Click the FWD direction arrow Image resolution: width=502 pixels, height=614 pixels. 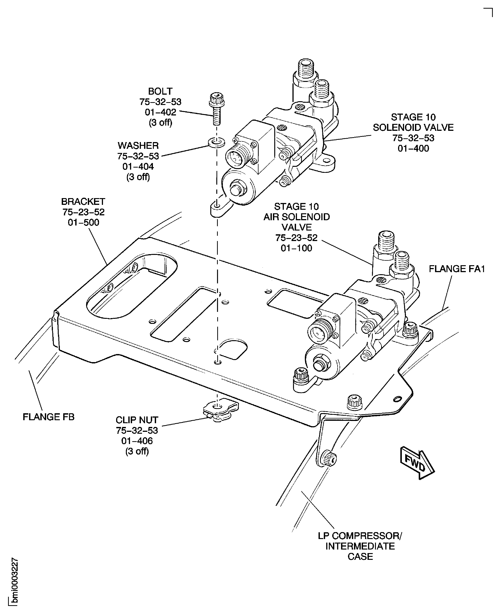pyautogui.click(x=417, y=464)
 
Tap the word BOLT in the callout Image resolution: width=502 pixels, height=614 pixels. pyautogui.click(x=160, y=91)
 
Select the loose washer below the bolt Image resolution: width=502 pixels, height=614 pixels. pyautogui.click(x=216, y=142)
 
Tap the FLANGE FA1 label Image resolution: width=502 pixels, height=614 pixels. pyautogui.click(x=457, y=269)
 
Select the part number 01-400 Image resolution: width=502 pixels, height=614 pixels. pyautogui.click(x=413, y=148)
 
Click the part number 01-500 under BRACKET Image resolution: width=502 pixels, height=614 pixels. pyautogui.click(x=83, y=222)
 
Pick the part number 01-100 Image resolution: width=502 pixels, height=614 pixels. pyautogui.click(x=296, y=248)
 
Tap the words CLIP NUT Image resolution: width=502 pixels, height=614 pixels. pyautogui.click(x=137, y=420)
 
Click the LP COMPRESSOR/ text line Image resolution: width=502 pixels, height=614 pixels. pyautogui.click(x=360, y=536)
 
